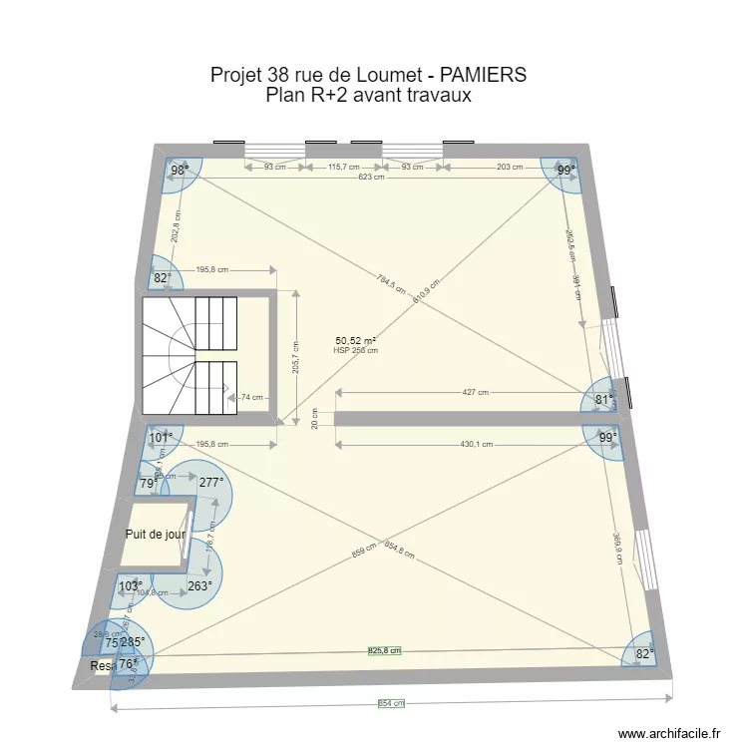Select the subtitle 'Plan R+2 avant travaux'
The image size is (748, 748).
[x=368, y=96]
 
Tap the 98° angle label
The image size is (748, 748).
[x=179, y=171]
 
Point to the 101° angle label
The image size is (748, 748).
[x=161, y=437]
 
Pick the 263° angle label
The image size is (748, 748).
[x=199, y=586]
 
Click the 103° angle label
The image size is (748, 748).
[x=131, y=586]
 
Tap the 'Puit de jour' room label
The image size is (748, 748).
[x=156, y=535]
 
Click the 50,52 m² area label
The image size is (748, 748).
[x=355, y=340]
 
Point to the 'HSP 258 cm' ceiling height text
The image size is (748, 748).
[x=356, y=350]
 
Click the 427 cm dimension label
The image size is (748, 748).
[x=475, y=392]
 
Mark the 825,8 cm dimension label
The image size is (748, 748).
[x=385, y=651]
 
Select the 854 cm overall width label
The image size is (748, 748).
[x=391, y=703]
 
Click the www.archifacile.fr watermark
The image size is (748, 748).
[x=669, y=733]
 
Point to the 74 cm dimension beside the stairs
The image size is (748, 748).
[x=252, y=396]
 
